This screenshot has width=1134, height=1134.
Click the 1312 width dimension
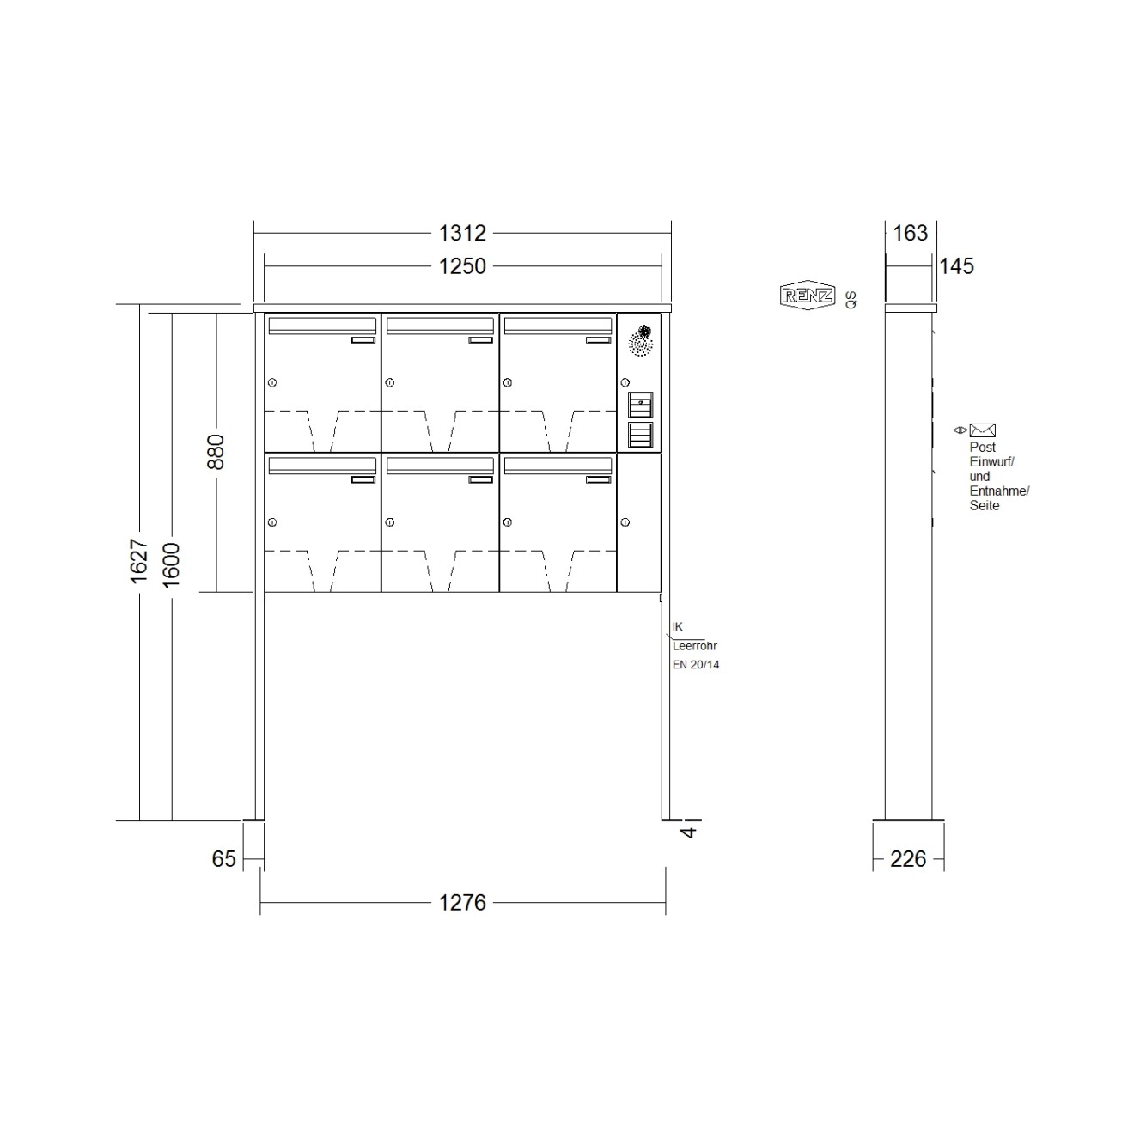(462, 233)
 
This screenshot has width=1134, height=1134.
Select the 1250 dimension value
(462, 266)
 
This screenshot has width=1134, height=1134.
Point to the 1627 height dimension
(139, 561)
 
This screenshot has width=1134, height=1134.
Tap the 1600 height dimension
(171, 565)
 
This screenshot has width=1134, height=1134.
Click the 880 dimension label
(216, 451)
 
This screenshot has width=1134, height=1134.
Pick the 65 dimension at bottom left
(223, 859)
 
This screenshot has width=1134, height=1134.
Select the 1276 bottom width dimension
(462, 903)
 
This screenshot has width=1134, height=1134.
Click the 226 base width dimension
(908, 859)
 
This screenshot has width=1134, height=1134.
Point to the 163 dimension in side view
(911, 233)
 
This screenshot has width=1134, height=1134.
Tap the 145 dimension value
(956, 266)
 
